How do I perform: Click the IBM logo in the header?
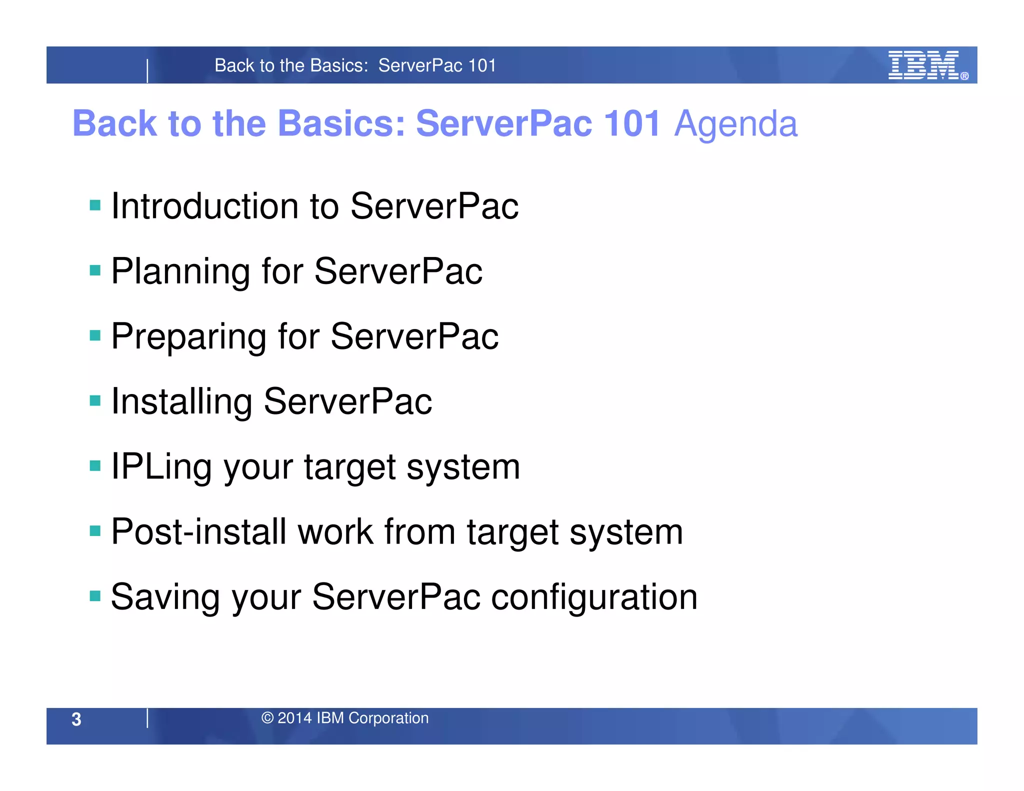tap(923, 65)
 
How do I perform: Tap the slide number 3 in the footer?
tap(76, 719)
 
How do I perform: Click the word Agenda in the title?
tap(735, 124)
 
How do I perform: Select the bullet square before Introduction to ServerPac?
tap(95, 205)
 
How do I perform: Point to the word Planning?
tap(180, 272)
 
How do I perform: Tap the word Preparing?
tap(188, 337)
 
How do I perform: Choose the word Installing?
tap(181, 402)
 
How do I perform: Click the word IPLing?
tap(161, 467)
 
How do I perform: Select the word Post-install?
tap(198, 531)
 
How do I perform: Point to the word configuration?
tap(594, 597)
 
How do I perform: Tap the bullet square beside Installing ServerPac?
tap(95, 400)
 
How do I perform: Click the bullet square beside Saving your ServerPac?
tap(95, 596)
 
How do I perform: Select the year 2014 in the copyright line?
tap(294, 718)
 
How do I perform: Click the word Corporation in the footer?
tap(388, 718)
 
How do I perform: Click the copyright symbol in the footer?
tap(267, 718)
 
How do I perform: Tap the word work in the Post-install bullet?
tap(335, 531)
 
